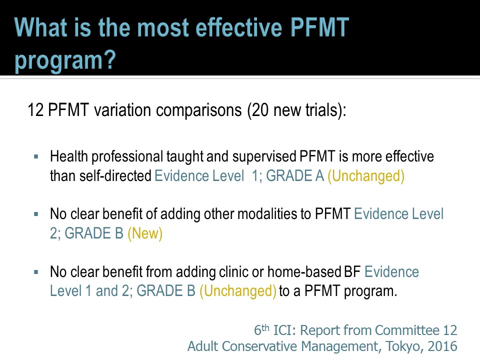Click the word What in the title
40,27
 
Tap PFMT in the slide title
319,27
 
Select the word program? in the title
65,60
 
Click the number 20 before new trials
260,110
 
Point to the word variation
123,110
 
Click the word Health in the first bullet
69,156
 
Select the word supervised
264,156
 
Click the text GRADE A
295,175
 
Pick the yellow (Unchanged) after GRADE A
366,176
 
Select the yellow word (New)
145,233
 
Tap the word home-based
304,271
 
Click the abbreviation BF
352,271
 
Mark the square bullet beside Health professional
36,156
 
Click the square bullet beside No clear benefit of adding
36,214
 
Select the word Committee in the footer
407,330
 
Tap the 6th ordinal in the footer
261,329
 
